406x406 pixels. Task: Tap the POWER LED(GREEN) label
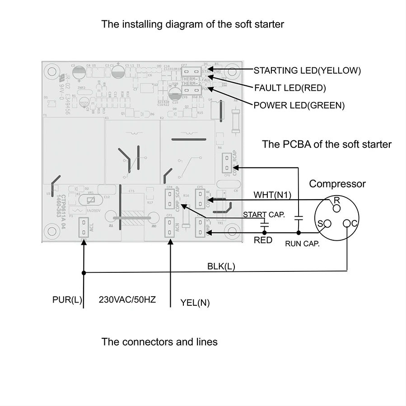[x=299, y=105]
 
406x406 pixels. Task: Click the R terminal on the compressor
[x=336, y=207]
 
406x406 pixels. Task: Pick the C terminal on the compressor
[x=347, y=223]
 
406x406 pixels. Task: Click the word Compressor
[x=337, y=184]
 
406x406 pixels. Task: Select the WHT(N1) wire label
[x=272, y=195]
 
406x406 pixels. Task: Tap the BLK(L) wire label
[x=221, y=266]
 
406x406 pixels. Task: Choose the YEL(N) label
[x=195, y=303]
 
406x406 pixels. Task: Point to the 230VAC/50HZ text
[x=127, y=299]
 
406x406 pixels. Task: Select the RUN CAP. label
[x=302, y=244]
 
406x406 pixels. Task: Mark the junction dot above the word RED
[x=264, y=233]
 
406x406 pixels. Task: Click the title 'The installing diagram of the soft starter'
[x=192, y=24]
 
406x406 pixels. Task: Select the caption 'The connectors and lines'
[x=159, y=341]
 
